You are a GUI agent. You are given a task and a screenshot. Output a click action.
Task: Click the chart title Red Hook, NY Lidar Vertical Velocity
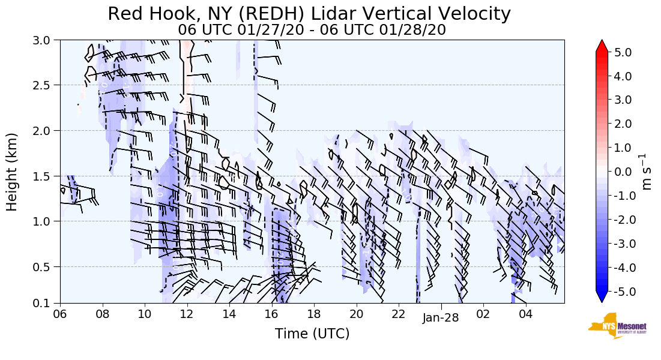click(309, 14)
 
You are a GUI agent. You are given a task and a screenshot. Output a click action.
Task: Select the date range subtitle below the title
click(312, 29)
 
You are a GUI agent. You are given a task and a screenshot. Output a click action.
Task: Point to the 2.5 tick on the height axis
click(46, 85)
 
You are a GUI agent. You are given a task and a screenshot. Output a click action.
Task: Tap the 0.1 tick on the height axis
click(46, 303)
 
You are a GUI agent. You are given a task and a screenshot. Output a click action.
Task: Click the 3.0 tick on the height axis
click(46, 40)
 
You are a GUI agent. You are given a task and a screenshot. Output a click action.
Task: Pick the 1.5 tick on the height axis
click(46, 176)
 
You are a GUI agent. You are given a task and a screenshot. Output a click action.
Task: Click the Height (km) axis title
click(13, 172)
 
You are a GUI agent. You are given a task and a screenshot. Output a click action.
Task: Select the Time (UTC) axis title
click(312, 334)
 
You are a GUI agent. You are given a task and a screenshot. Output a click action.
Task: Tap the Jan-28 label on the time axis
click(441, 317)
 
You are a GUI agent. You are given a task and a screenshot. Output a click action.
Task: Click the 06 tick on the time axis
click(60, 313)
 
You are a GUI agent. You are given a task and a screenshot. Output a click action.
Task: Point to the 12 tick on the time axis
click(187, 313)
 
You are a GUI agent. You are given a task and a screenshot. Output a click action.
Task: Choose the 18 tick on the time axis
click(314, 313)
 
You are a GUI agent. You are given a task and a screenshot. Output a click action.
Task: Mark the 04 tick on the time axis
click(526, 313)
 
